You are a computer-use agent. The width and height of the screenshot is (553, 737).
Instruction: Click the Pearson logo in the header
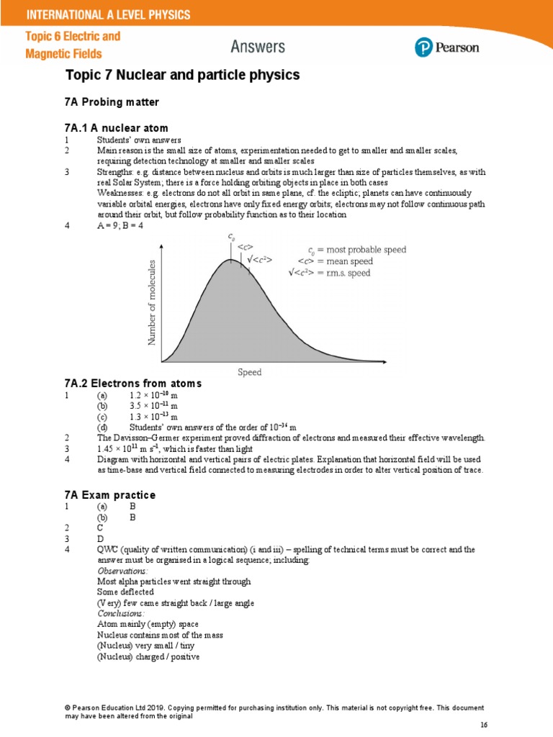(x=446, y=48)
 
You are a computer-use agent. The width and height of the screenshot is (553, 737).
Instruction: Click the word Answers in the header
(x=258, y=48)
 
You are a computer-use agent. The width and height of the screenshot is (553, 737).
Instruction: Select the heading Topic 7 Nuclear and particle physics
(x=182, y=75)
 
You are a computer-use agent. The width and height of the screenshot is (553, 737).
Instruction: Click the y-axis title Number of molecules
(x=152, y=302)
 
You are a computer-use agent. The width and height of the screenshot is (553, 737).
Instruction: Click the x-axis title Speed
(x=250, y=372)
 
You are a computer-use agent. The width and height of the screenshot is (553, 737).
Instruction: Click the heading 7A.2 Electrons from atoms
(x=133, y=383)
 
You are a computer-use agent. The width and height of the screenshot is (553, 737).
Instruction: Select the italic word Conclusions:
(x=120, y=613)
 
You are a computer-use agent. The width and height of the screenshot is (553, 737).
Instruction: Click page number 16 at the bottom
(x=483, y=723)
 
